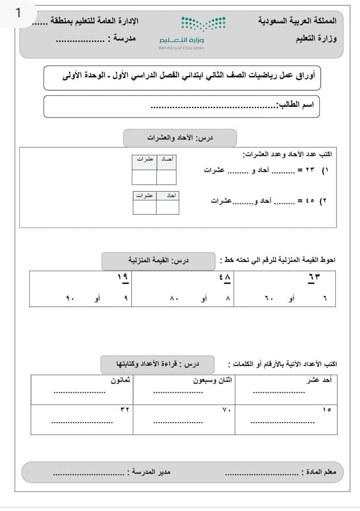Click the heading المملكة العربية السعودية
(298, 21)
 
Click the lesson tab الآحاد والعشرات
(180, 138)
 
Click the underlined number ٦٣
(314, 277)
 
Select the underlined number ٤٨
(225, 277)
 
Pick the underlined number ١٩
(123, 277)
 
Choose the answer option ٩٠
(71, 297)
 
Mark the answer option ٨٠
(174, 297)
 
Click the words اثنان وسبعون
(212, 381)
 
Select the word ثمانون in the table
(121, 381)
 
